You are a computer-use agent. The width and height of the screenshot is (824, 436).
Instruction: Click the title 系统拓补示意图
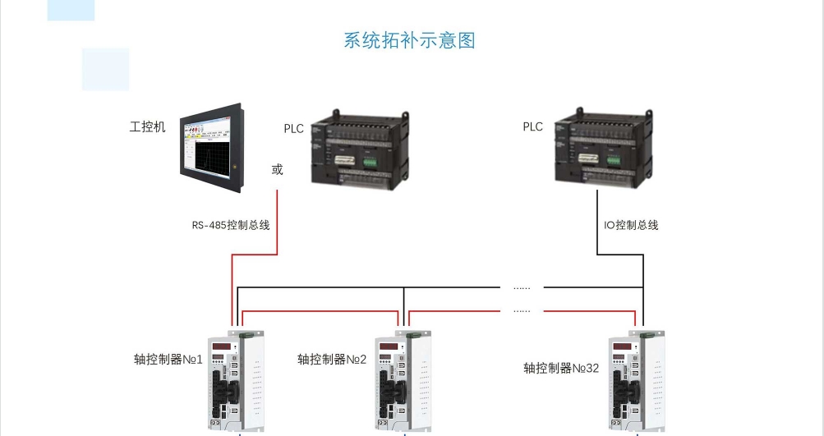tap(409, 40)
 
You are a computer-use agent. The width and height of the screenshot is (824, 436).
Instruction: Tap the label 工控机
tap(148, 126)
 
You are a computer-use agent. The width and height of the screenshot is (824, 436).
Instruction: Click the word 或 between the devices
tap(277, 169)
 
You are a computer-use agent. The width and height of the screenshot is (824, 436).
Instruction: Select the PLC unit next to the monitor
tap(360, 148)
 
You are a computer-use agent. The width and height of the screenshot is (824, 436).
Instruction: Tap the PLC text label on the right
tap(533, 126)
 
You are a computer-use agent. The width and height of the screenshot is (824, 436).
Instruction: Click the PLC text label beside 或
tap(294, 128)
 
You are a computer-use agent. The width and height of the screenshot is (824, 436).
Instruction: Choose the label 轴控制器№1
tap(168, 360)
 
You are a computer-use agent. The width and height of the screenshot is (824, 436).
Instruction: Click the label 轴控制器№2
tap(332, 360)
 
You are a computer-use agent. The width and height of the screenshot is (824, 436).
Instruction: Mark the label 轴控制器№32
tap(561, 368)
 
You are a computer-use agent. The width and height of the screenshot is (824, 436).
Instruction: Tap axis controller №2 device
tap(403, 381)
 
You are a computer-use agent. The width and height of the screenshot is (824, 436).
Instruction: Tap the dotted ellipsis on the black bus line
tap(522, 287)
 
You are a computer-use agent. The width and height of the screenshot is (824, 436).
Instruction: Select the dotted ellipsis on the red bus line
tap(522, 310)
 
